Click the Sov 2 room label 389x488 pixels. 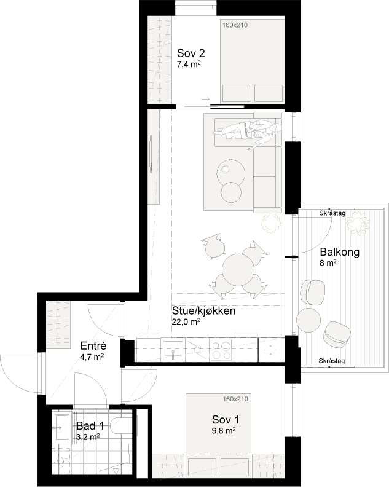click(x=191, y=53)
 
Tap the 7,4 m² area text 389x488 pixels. click(x=188, y=65)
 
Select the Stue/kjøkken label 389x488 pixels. click(x=203, y=310)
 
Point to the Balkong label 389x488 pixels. click(x=339, y=252)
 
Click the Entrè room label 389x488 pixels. click(x=93, y=346)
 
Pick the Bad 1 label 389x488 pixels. click(x=90, y=425)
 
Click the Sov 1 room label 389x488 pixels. click(x=226, y=420)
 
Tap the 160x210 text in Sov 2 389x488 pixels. click(x=235, y=25)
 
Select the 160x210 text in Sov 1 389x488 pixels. click(x=235, y=399)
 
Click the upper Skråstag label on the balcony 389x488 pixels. click(x=332, y=213)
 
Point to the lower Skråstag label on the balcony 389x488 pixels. click(x=331, y=361)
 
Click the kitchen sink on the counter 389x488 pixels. click(x=173, y=350)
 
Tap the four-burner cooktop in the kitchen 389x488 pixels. click(x=221, y=350)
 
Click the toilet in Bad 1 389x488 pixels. click(x=121, y=426)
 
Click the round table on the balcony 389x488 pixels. click(x=308, y=321)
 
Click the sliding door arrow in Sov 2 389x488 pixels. click(x=205, y=100)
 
